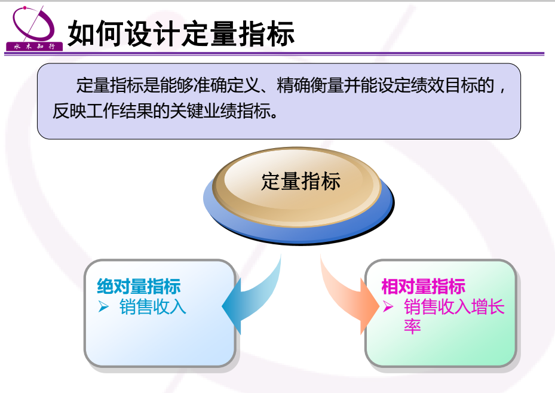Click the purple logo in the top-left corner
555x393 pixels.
click(x=34, y=28)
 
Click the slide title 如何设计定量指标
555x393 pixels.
click(x=181, y=33)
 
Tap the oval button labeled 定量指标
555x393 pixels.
click(x=298, y=196)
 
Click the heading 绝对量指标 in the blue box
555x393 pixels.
click(x=139, y=286)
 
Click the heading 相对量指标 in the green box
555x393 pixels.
click(x=424, y=286)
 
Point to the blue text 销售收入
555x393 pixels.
click(x=152, y=306)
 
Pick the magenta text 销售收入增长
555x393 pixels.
click(x=454, y=306)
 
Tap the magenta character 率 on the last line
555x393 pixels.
click(x=412, y=326)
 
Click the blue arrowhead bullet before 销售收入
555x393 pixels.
click(x=103, y=306)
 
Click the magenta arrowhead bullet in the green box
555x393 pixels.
click(x=388, y=306)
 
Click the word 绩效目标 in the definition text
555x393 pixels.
click(x=444, y=85)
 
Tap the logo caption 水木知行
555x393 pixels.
click(x=34, y=47)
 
